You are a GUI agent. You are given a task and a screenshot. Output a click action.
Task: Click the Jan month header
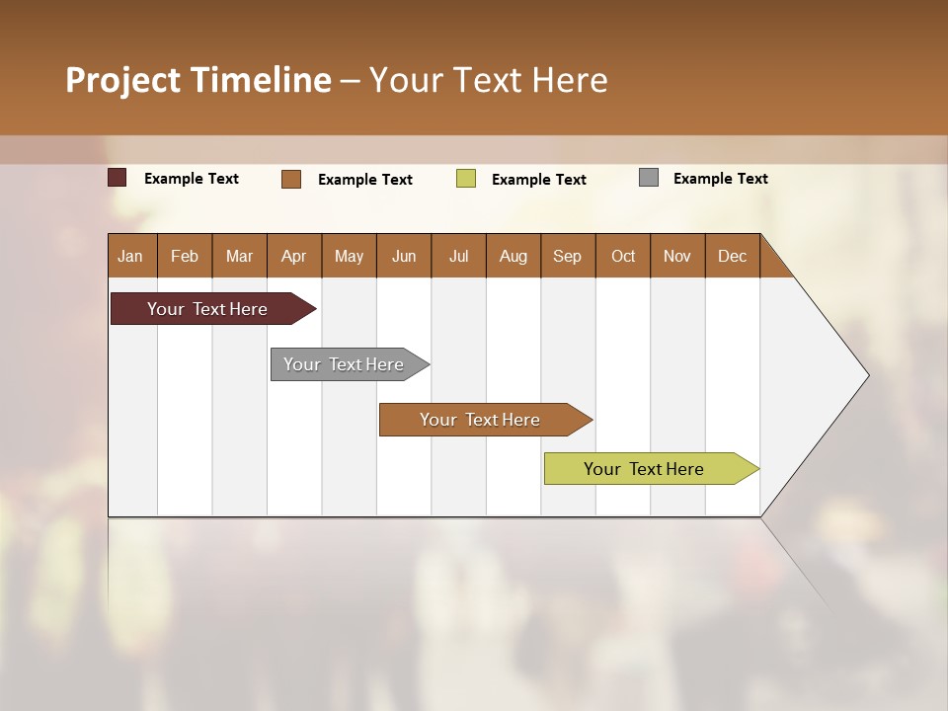131,256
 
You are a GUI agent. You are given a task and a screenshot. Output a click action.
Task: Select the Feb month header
185,256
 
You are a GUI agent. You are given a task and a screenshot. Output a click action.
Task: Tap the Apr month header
294,256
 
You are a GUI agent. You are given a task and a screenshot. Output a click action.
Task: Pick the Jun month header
404,256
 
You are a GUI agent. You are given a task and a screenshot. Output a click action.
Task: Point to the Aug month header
513,256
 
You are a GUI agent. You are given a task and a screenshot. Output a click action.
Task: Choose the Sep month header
568,256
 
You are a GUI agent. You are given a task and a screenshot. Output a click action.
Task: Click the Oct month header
623,256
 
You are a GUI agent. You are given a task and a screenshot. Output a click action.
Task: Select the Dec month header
733,256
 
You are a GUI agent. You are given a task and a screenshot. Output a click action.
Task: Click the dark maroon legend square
118,178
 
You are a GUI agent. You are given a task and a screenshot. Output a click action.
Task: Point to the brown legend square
291,179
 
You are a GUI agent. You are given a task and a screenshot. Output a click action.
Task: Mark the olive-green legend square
466,179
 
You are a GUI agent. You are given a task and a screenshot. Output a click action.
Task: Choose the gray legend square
649,178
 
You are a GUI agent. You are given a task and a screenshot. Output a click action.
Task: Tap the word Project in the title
123,80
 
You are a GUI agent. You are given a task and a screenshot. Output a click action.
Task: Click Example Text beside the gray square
720,179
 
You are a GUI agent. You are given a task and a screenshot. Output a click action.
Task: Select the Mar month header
240,256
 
